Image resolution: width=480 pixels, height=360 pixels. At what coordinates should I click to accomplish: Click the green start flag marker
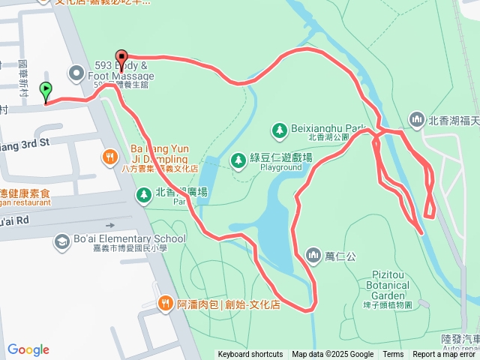[x=46, y=91]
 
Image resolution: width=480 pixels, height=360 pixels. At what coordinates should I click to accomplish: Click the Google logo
[x=28, y=349]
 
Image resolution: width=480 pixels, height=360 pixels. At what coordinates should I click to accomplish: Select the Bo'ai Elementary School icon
[x=61, y=241]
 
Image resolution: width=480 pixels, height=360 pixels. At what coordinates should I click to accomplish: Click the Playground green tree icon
[x=238, y=159]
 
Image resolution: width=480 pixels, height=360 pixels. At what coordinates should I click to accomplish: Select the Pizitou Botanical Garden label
[x=389, y=290]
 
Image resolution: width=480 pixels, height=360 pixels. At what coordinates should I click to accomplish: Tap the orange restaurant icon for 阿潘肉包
[x=165, y=303]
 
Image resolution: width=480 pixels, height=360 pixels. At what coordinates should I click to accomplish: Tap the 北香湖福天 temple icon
[x=416, y=119]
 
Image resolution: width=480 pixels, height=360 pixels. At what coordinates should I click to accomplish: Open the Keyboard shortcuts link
[x=250, y=355]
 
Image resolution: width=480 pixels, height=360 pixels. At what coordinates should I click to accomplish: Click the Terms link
[x=393, y=355]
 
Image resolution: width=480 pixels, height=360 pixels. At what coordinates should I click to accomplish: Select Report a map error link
[x=445, y=355]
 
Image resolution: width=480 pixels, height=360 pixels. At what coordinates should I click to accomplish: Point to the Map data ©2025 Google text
[x=332, y=355]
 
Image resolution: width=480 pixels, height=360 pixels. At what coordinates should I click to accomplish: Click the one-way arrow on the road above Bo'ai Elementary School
[x=111, y=224]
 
